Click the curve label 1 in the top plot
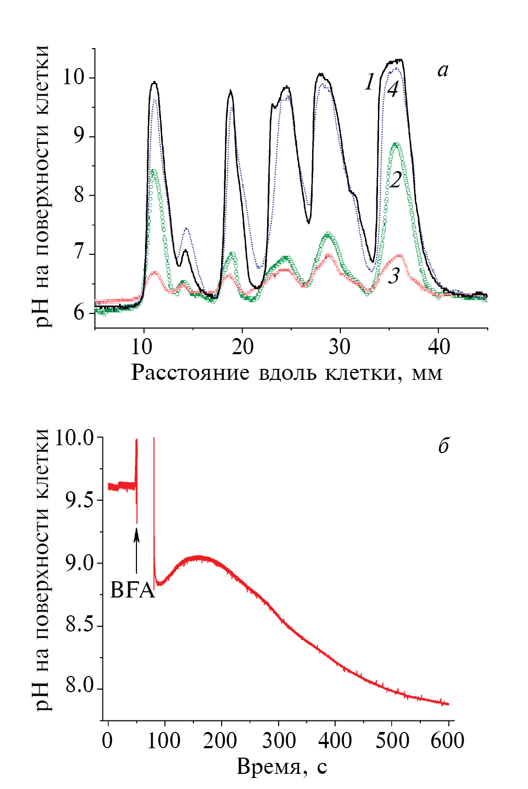tap(370, 82)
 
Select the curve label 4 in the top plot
tap(393, 89)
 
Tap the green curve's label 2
tap(396, 179)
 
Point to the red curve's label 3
tap(394, 276)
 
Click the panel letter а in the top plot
tap(443, 70)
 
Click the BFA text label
tap(133, 590)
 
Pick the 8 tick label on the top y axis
tap(79, 196)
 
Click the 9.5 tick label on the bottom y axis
tap(79, 500)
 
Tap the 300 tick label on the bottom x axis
tap(278, 740)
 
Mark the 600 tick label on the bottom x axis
tap(448, 740)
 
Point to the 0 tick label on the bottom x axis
tap(108, 740)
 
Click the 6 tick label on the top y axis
tap(79, 313)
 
